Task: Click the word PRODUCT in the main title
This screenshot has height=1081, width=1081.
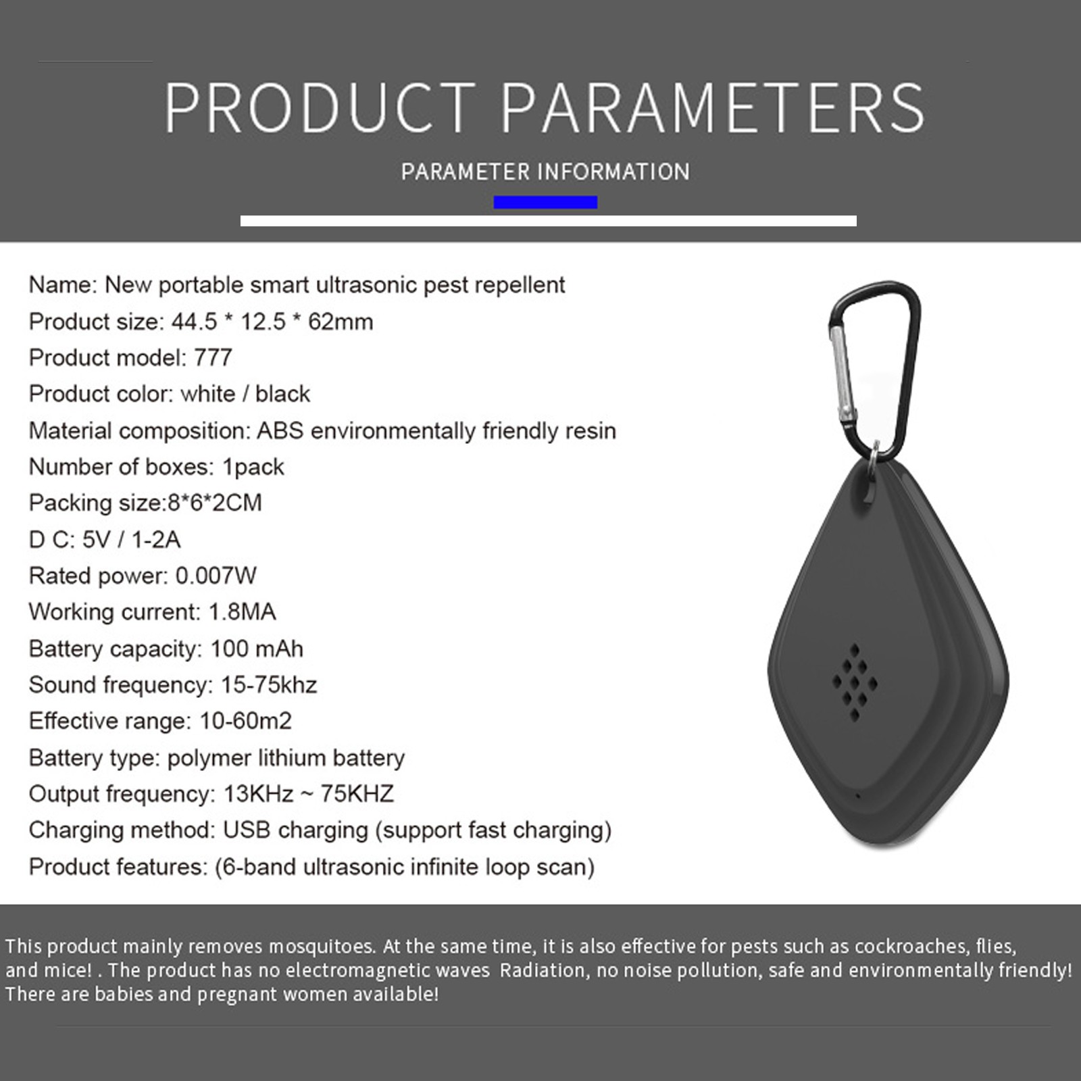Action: (x=321, y=107)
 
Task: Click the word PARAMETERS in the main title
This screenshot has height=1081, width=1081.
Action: (x=712, y=107)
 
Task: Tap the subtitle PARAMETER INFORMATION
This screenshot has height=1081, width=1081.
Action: (x=545, y=172)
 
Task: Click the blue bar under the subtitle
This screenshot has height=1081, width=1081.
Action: (x=545, y=202)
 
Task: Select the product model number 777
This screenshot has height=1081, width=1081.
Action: (x=213, y=357)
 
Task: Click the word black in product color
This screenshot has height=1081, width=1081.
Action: (x=282, y=394)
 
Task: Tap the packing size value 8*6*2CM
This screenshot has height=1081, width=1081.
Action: (x=214, y=503)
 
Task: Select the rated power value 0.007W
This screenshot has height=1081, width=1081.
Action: (x=216, y=576)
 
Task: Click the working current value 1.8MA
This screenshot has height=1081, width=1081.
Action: (x=242, y=612)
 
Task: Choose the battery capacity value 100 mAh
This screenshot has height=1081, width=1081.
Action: (x=257, y=649)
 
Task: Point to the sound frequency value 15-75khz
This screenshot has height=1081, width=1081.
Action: (x=269, y=685)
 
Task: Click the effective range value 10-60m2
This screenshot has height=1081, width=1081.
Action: (x=246, y=721)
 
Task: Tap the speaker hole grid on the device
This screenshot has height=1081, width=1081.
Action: (x=855, y=682)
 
